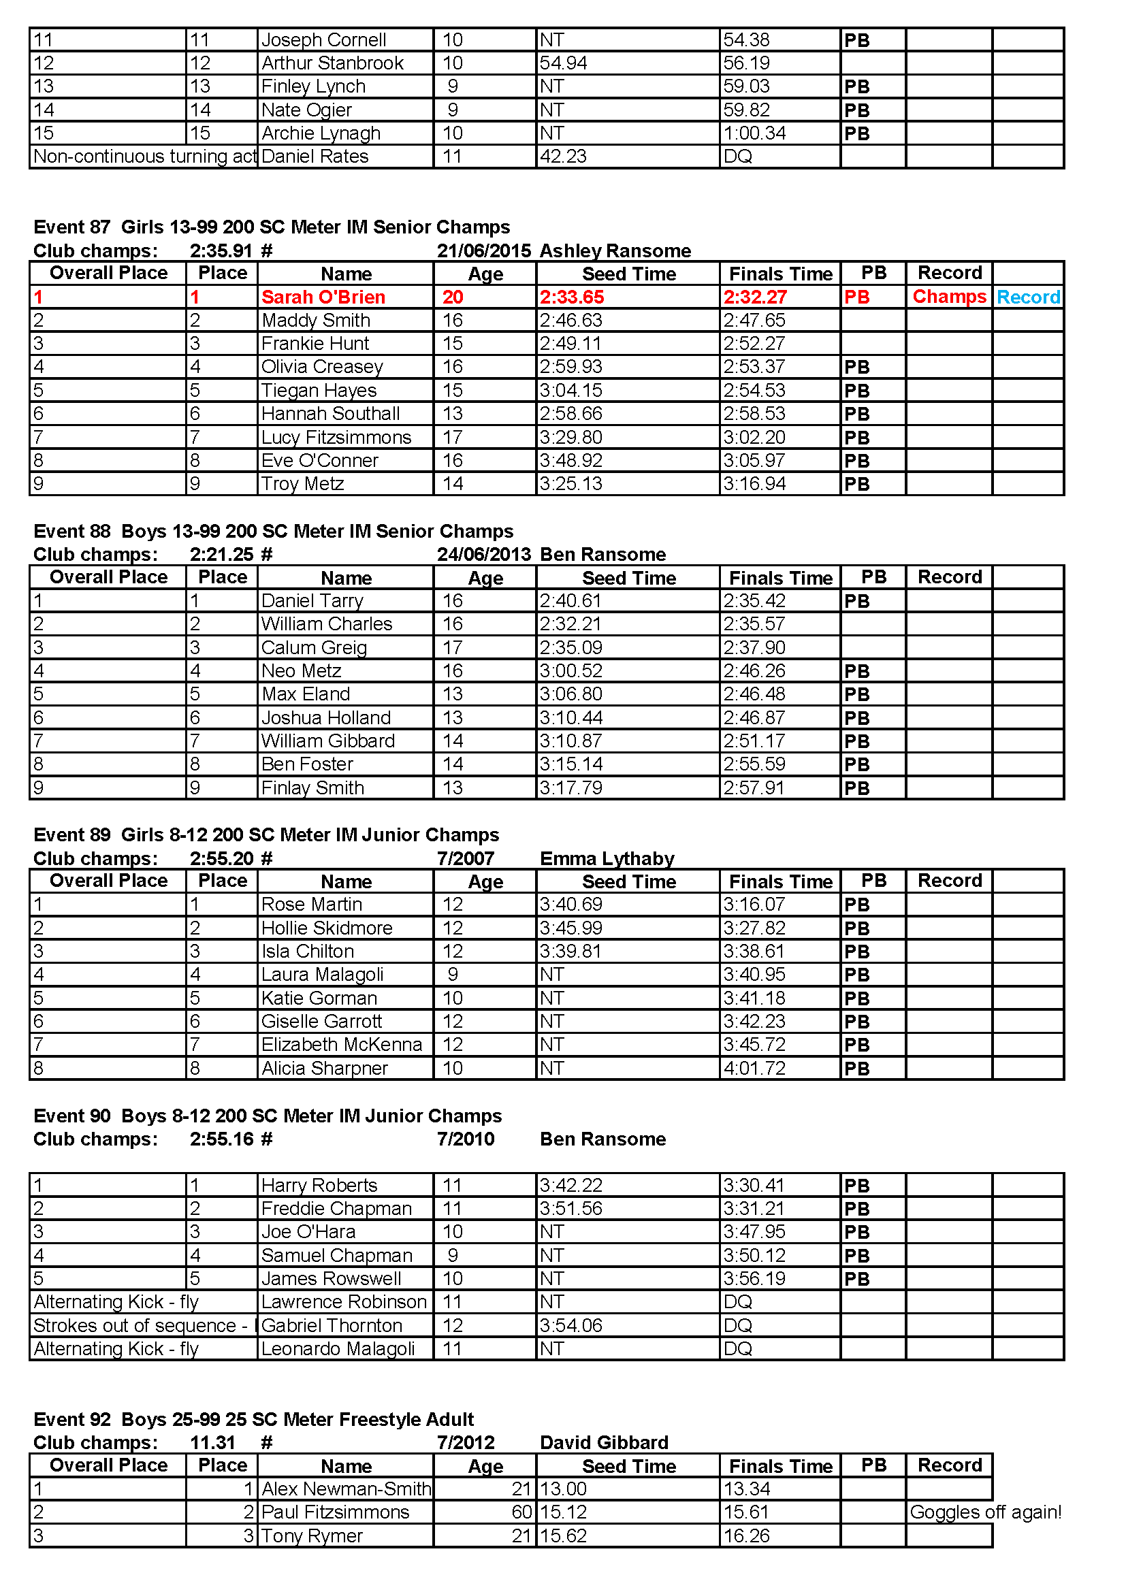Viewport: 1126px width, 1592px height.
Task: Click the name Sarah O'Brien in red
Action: coord(323,297)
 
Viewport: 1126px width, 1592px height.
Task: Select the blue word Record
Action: coord(1028,297)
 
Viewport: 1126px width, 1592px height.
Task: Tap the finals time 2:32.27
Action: coord(755,297)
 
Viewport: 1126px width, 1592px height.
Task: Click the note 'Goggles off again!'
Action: coord(985,1512)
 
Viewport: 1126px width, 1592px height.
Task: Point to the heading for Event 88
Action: coord(273,531)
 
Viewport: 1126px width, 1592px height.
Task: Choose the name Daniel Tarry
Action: coord(312,601)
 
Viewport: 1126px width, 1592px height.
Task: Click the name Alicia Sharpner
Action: coord(325,1069)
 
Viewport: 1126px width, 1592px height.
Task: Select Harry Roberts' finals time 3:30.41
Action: coord(754,1186)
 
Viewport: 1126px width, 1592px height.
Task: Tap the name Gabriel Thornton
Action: coord(332,1326)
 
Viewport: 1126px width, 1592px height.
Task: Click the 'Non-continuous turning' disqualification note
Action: coord(144,157)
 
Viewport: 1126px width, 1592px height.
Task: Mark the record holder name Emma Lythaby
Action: coord(607,859)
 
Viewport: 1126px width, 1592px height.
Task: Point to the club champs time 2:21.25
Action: coord(222,555)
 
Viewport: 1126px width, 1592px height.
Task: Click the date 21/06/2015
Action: coord(484,251)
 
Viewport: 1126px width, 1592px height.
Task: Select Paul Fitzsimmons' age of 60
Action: coord(521,1512)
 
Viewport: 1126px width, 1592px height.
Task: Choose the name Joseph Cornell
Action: coord(324,40)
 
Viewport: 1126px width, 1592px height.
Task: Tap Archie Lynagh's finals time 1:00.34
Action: coord(754,133)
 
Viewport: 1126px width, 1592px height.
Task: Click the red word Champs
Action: coord(948,297)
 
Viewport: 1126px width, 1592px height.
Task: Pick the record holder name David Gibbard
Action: coord(604,1443)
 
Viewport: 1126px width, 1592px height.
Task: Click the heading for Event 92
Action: coord(254,1419)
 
